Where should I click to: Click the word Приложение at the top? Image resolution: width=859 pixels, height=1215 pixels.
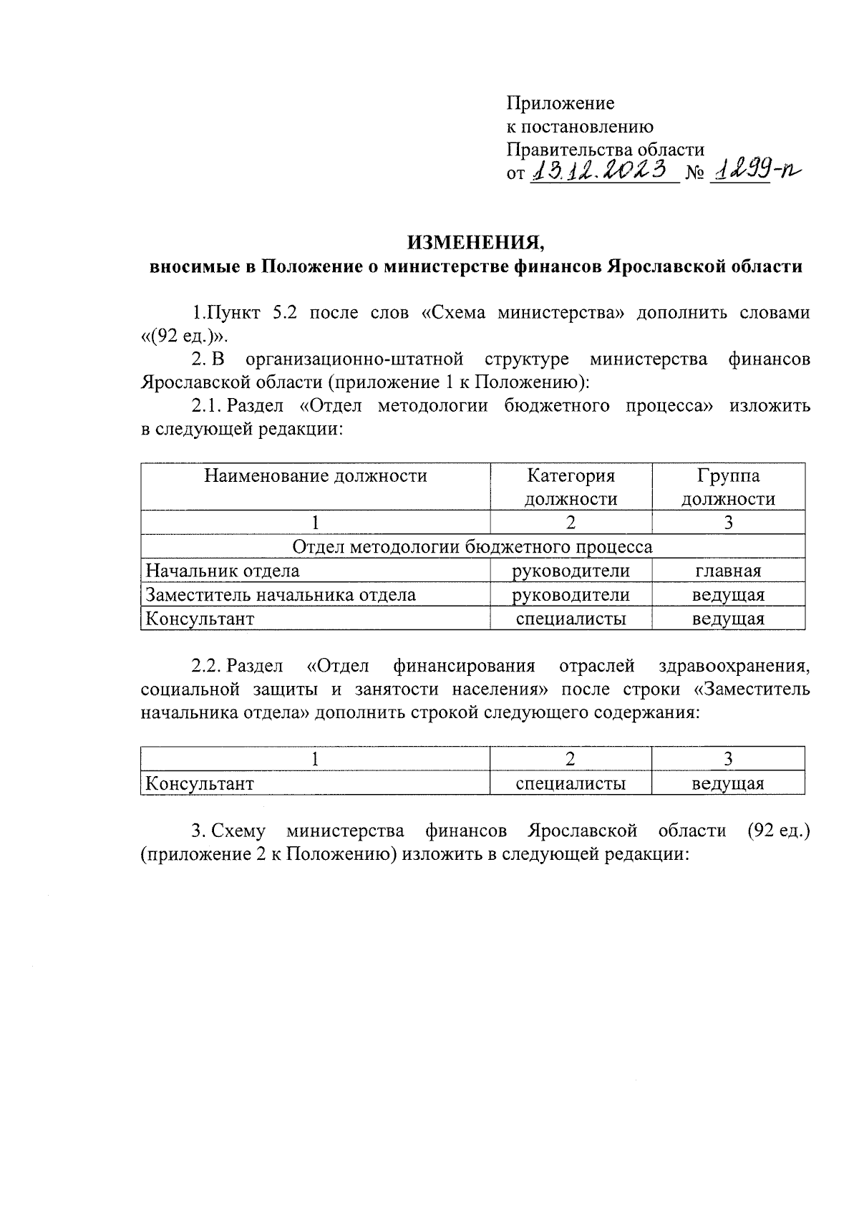tap(560, 103)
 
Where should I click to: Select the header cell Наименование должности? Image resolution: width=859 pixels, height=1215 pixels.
tap(316, 476)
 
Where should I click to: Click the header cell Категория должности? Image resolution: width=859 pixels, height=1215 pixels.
tap(571, 487)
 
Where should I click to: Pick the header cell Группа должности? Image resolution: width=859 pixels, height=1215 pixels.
tap(728, 487)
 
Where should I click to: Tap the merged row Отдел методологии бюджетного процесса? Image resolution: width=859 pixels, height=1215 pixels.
tap(472, 547)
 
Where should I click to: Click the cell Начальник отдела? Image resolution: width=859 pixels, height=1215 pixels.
tap(223, 571)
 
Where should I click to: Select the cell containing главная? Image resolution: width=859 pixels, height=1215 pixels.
tap(728, 571)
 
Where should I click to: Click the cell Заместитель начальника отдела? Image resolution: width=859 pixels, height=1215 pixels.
tap(281, 594)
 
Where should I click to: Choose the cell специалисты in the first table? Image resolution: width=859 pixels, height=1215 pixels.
tap(571, 619)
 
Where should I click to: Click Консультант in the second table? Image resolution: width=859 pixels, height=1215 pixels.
tap(200, 783)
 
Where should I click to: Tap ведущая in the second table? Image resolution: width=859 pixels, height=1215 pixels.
tap(728, 783)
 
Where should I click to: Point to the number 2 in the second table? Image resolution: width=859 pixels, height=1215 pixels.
tap(571, 760)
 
